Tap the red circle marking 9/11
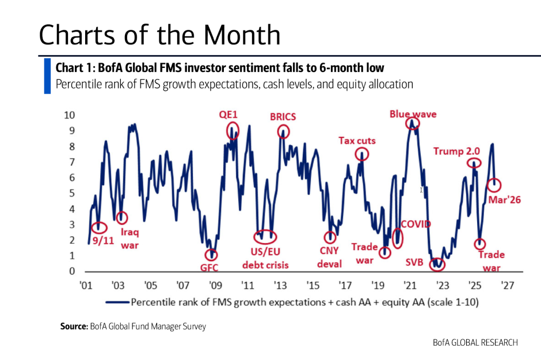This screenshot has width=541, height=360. pyautogui.click(x=99, y=228)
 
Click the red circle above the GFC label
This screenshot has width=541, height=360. pyautogui.click(x=212, y=254)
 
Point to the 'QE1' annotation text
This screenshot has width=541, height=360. pyautogui.click(x=228, y=114)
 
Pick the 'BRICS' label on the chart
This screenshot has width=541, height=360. pyautogui.click(x=283, y=117)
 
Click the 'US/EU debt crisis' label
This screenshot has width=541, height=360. pyautogui.click(x=265, y=259)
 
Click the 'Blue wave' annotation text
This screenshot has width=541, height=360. pyautogui.click(x=413, y=114)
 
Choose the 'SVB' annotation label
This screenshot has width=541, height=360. pyautogui.click(x=414, y=262)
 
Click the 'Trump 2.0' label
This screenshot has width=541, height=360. pyautogui.click(x=456, y=151)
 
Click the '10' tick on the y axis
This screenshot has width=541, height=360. pyautogui.click(x=69, y=115)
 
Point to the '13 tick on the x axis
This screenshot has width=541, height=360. pyautogui.click(x=281, y=285)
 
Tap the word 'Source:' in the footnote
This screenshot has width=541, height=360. pyautogui.click(x=74, y=327)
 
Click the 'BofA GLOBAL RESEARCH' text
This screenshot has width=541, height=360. pyautogui.click(x=475, y=343)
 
